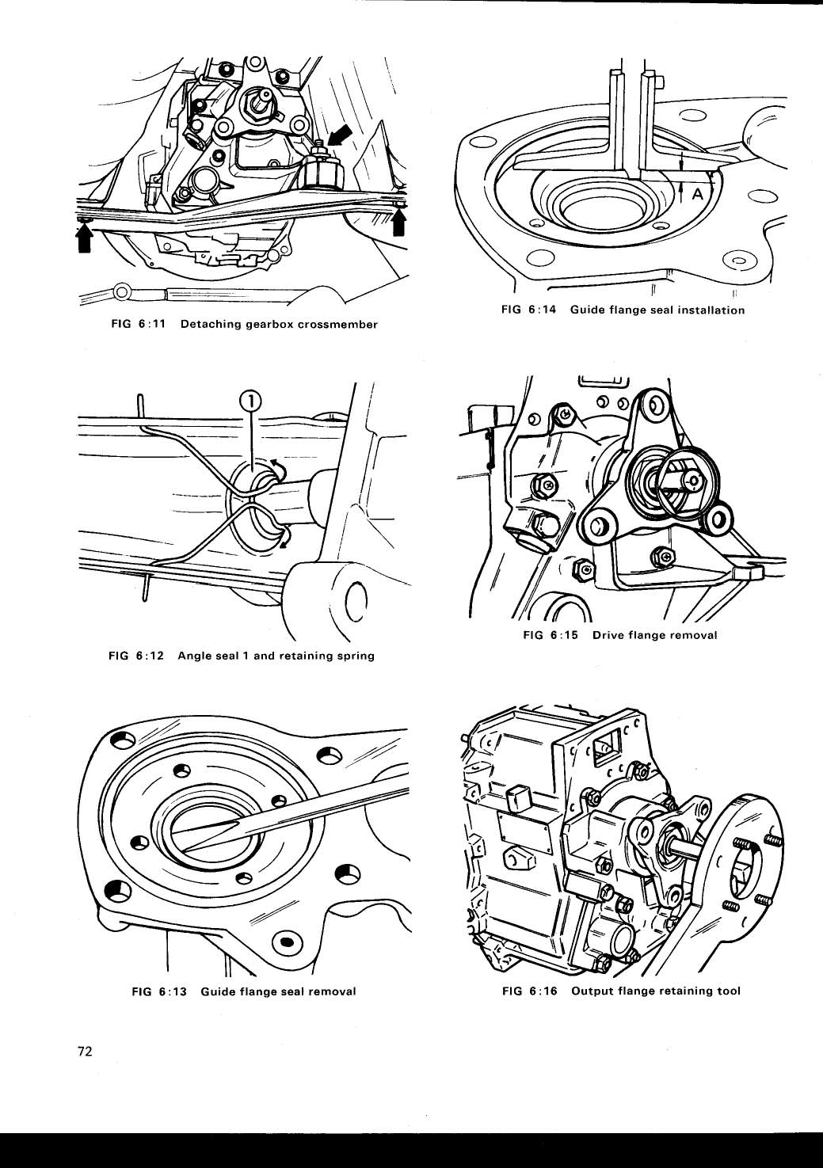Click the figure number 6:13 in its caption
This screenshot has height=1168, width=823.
[171, 991]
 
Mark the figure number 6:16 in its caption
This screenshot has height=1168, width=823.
[543, 991]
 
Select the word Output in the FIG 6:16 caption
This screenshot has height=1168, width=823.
[592, 991]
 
